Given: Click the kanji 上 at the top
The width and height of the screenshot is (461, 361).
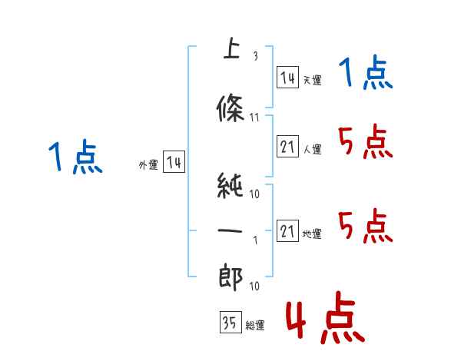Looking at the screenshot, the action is tap(232, 48).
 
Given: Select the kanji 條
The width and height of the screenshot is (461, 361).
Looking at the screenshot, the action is tap(230, 108).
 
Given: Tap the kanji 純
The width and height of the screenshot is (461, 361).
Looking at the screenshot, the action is tap(230, 186).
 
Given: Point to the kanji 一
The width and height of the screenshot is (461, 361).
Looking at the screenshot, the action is tap(230, 230).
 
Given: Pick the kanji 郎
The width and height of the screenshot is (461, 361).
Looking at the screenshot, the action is tap(230, 277).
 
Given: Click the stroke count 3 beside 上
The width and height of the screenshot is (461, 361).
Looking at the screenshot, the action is tap(256, 56).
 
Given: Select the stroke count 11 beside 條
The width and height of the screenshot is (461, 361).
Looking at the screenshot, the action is tap(254, 118).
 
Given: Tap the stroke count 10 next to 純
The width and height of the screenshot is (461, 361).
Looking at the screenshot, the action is tap(254, 194).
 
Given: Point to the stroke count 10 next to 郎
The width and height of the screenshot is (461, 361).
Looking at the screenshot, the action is tap(254, 286).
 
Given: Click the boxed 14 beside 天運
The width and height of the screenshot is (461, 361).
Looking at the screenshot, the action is tap(287, 78).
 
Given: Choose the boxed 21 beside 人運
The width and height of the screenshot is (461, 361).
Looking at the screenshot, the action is tap(287, 147).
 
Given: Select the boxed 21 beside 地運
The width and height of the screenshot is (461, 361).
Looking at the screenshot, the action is tap(287, 230).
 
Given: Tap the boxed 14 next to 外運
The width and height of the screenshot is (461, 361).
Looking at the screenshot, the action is tap(174, 162).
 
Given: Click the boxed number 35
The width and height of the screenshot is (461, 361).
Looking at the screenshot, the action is tap(230, 322).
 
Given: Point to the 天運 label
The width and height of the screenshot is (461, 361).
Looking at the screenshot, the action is tap(313, 80).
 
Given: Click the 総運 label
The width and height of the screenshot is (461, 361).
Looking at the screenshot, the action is tap(255, 326).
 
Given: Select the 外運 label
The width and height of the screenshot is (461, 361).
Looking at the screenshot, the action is tap(148, 165).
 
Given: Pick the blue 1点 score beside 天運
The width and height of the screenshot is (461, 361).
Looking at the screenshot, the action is tap(366, 72).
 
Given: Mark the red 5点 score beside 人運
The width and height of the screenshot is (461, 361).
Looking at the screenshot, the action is tap(366, 141).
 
